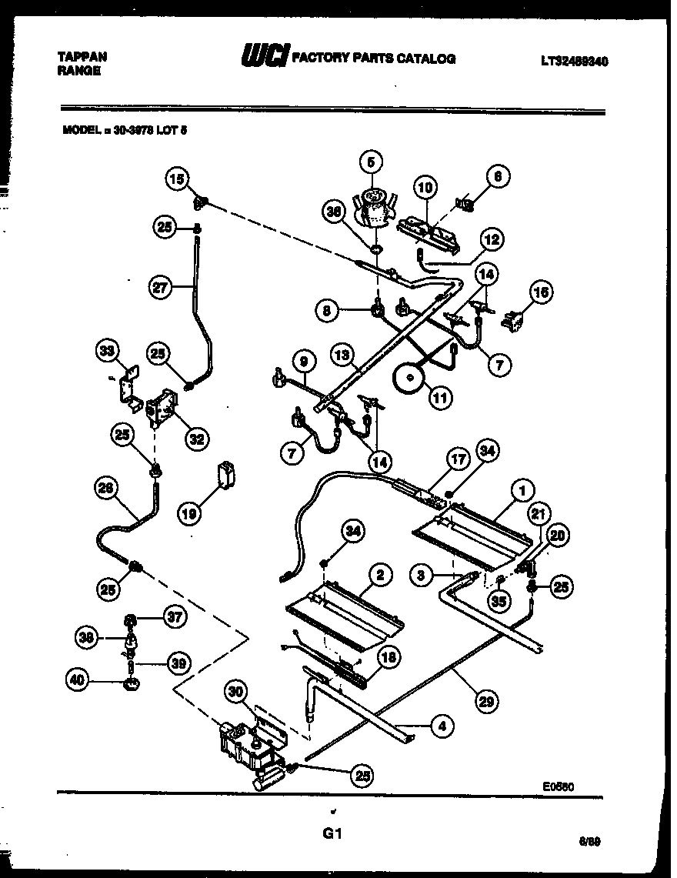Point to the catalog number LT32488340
(x=573, y=62)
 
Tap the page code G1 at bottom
(x=332, y=833)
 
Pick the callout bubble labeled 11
(x=441, y=398)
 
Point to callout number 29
(x=486, y=701)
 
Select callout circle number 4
(x=441, y=725)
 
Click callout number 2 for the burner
(x=379, y=574)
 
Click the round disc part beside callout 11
(x=409, y=378)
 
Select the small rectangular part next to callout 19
(x=227, y=474)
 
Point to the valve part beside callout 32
(x=161, y=406)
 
